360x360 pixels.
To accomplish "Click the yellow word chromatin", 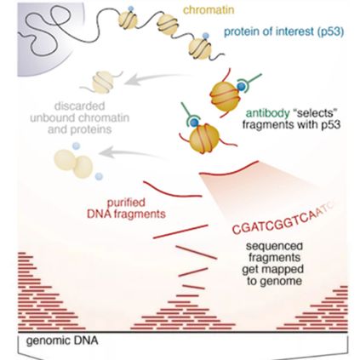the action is pyautogui.click(x=209, y=10).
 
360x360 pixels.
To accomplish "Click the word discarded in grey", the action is pyautogui.click(x=80, y=106).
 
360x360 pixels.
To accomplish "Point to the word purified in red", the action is pyautogui.click(x=126, y=203).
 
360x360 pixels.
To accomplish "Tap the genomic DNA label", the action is pyautogui.click(x=62, y=340).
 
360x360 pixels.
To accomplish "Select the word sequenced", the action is pyautogui.click(x=274, y=246).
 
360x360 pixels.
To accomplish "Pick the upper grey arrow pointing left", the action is pyautogui.click(x=157, y=78).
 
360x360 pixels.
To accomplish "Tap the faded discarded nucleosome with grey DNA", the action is pyautogui.click(x=101, y=82).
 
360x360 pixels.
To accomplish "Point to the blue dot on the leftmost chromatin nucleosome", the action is pyautogui.click(x=130, y=9).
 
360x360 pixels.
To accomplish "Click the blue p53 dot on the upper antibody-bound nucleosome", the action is pyautogui.click(x=241, y=87).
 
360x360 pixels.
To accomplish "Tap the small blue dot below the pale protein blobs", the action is pyautogui.click(x=99, y=176).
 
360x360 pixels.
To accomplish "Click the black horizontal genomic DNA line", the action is pyautogui.click(x=183, y=332).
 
